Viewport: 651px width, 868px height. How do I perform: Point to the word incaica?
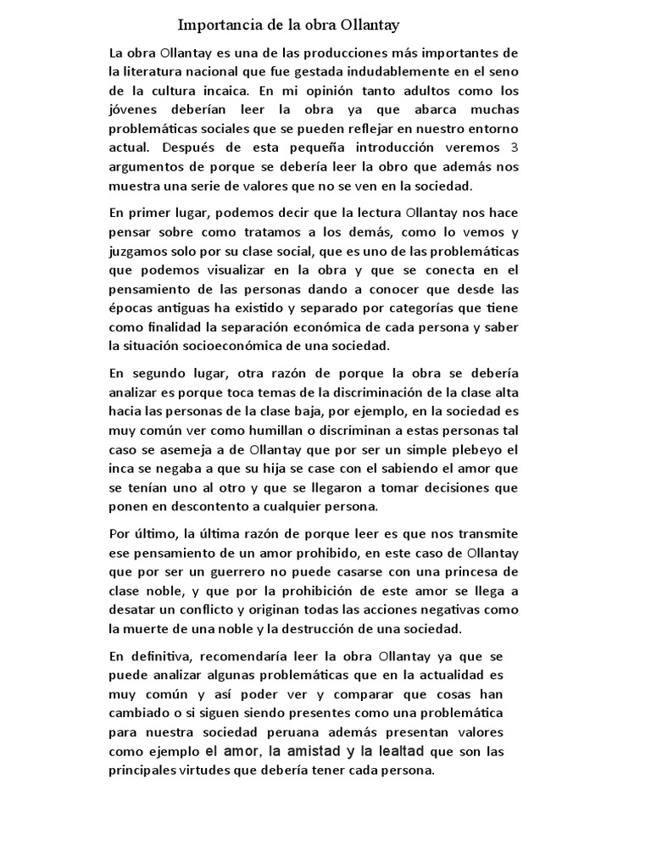click(x=224, y=92)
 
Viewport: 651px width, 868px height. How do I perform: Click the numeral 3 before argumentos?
click(x=514, y=147)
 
